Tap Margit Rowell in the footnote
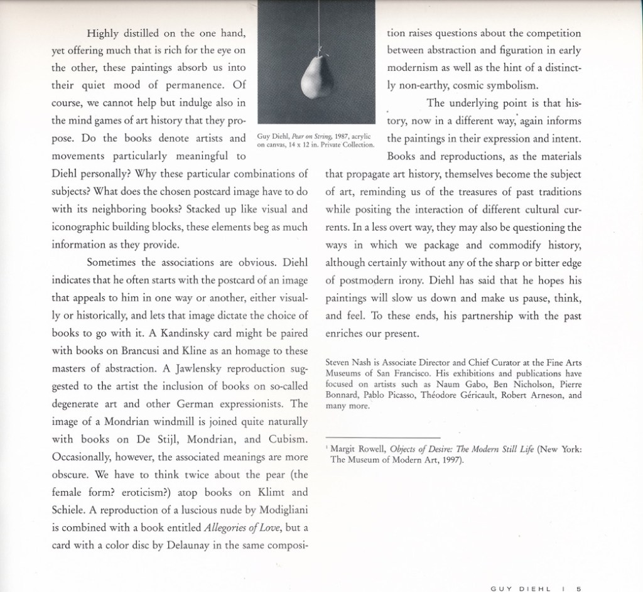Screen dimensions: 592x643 point(357,449)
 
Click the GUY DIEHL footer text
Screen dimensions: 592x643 point(521,588)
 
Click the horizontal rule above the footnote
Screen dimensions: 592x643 point(383,437)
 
